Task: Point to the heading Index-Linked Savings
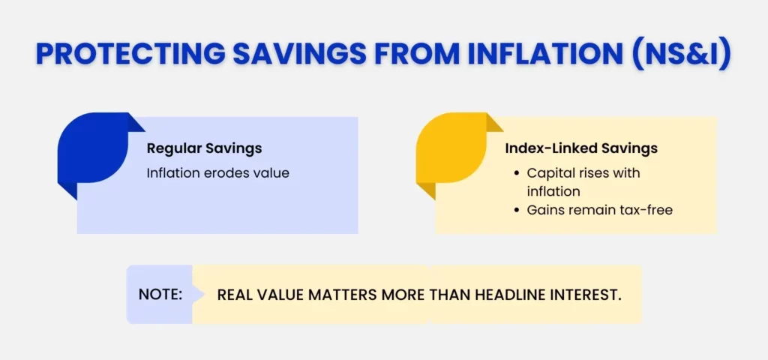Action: [581, 148]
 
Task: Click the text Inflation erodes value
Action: [217, 172]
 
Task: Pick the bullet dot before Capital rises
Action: [517, 173]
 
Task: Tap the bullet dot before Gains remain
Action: [517, 211]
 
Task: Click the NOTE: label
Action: [160, 295]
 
